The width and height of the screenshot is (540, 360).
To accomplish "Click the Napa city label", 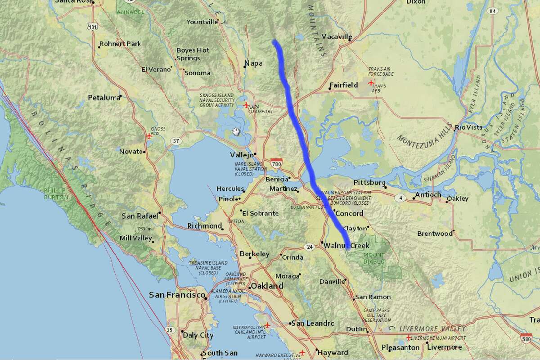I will [253, 63].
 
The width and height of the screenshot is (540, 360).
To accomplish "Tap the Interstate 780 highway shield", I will [277, 162].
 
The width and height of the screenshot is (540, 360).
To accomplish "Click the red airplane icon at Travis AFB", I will [371, 83].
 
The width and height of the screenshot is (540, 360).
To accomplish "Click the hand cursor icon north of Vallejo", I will [236, 131].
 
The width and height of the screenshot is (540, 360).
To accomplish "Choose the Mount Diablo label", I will [373, 258].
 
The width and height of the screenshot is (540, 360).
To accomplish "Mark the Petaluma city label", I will [104, 97].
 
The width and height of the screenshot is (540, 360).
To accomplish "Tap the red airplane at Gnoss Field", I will [149, 135].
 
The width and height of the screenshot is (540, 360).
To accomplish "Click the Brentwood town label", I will [435, 234].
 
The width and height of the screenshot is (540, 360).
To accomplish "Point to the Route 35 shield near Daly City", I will [170, 330].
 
